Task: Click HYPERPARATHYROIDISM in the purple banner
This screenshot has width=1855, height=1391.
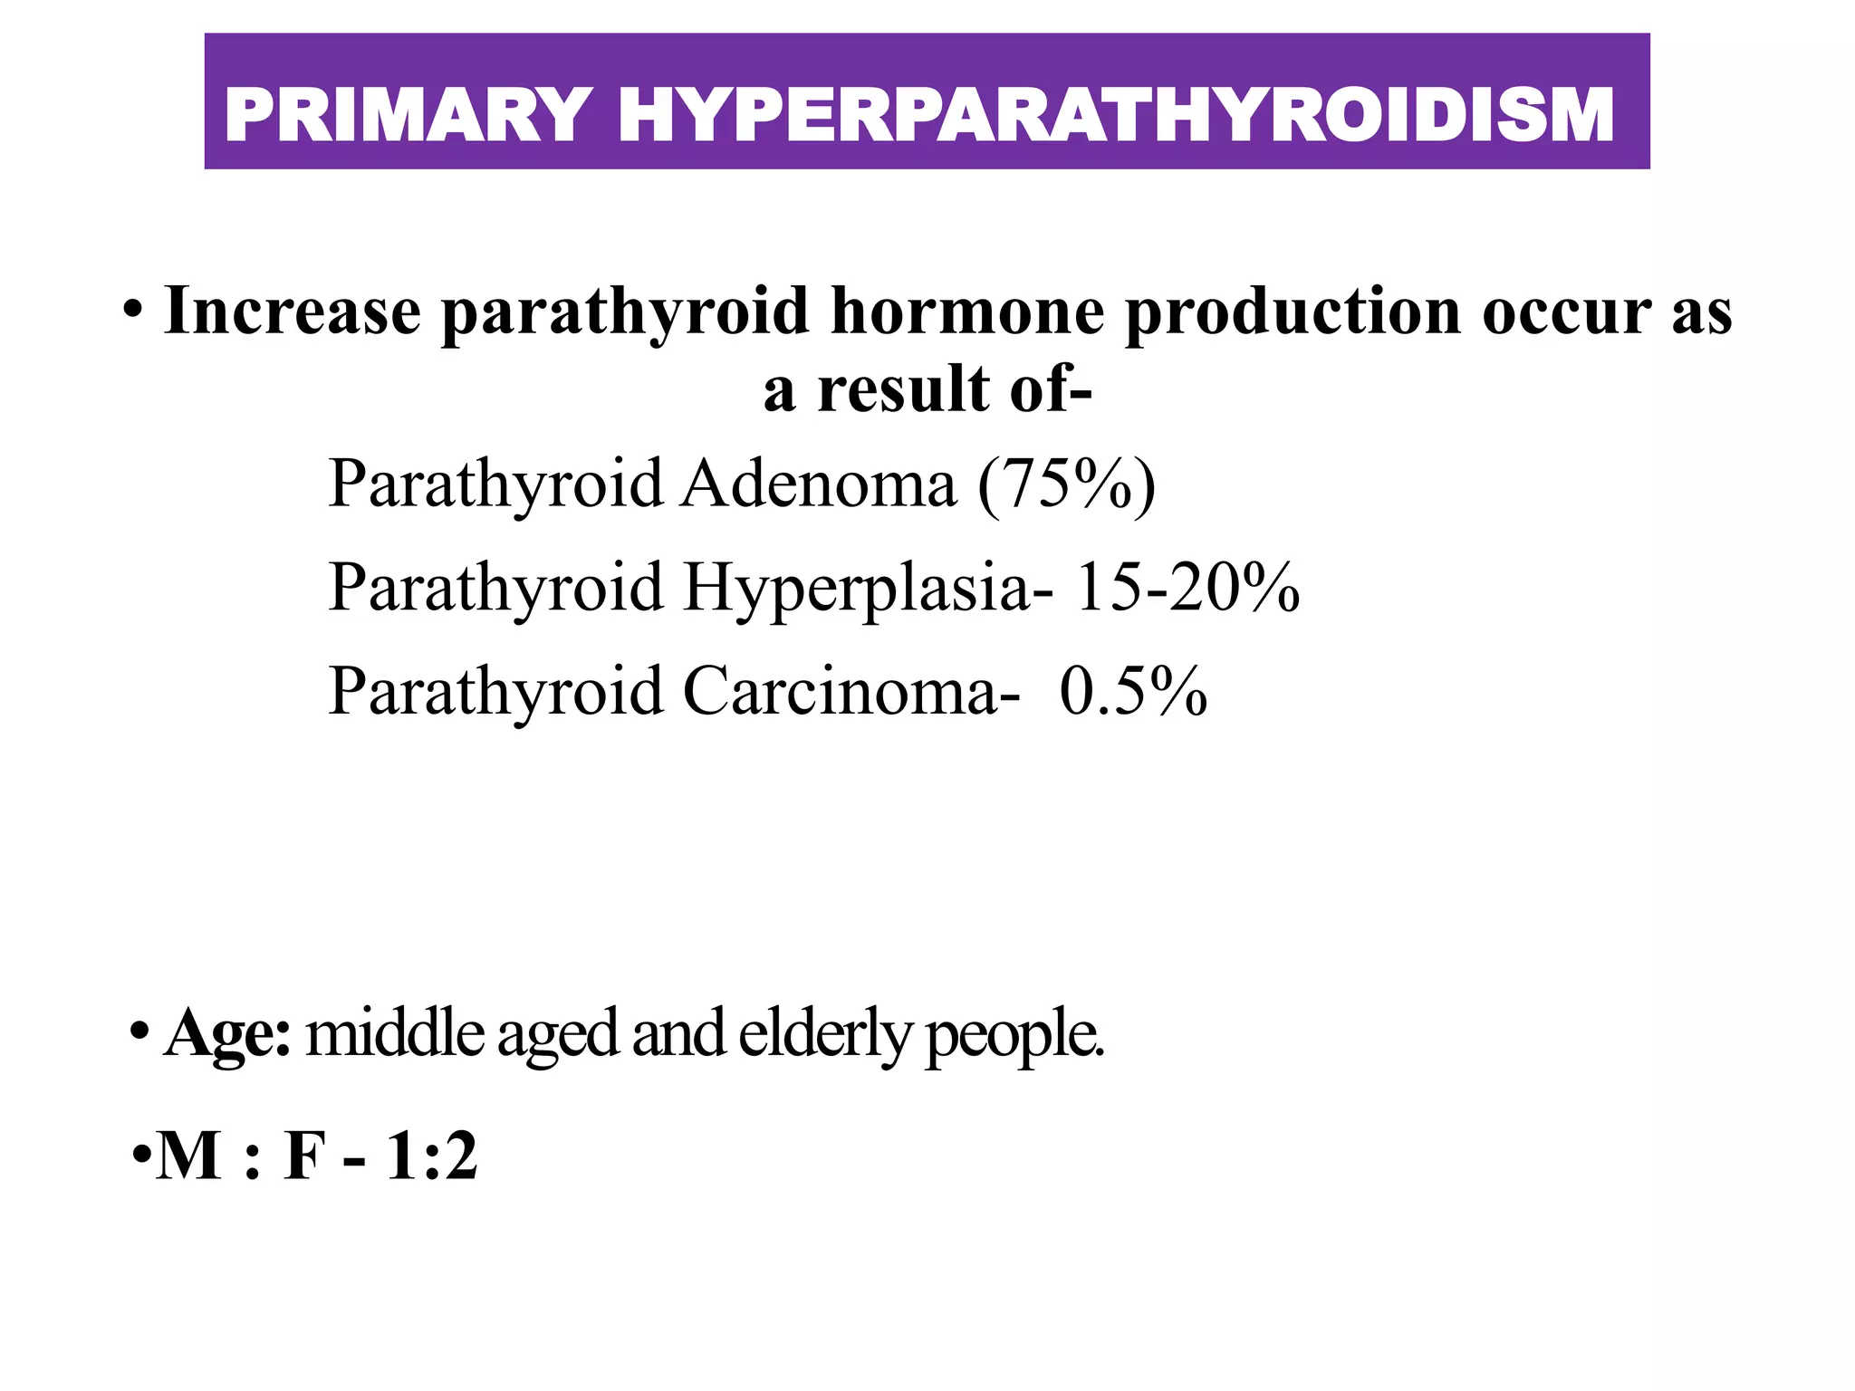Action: [x=1116, y=115]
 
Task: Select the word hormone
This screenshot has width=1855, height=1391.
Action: [x=967, y=312]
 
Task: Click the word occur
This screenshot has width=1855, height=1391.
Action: [x=1566, y=312]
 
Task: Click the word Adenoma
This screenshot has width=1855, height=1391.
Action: [x=820, y=484]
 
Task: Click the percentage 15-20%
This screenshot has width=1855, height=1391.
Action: [x=1187, y=588]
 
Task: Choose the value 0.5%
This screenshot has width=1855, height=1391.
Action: [x=1133, y=692]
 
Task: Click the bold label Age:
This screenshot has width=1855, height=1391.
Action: [x=227, y=1034]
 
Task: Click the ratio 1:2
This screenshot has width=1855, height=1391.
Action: [x=431, y=1157]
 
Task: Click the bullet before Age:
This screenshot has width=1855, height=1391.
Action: [x=139, y=1032]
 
